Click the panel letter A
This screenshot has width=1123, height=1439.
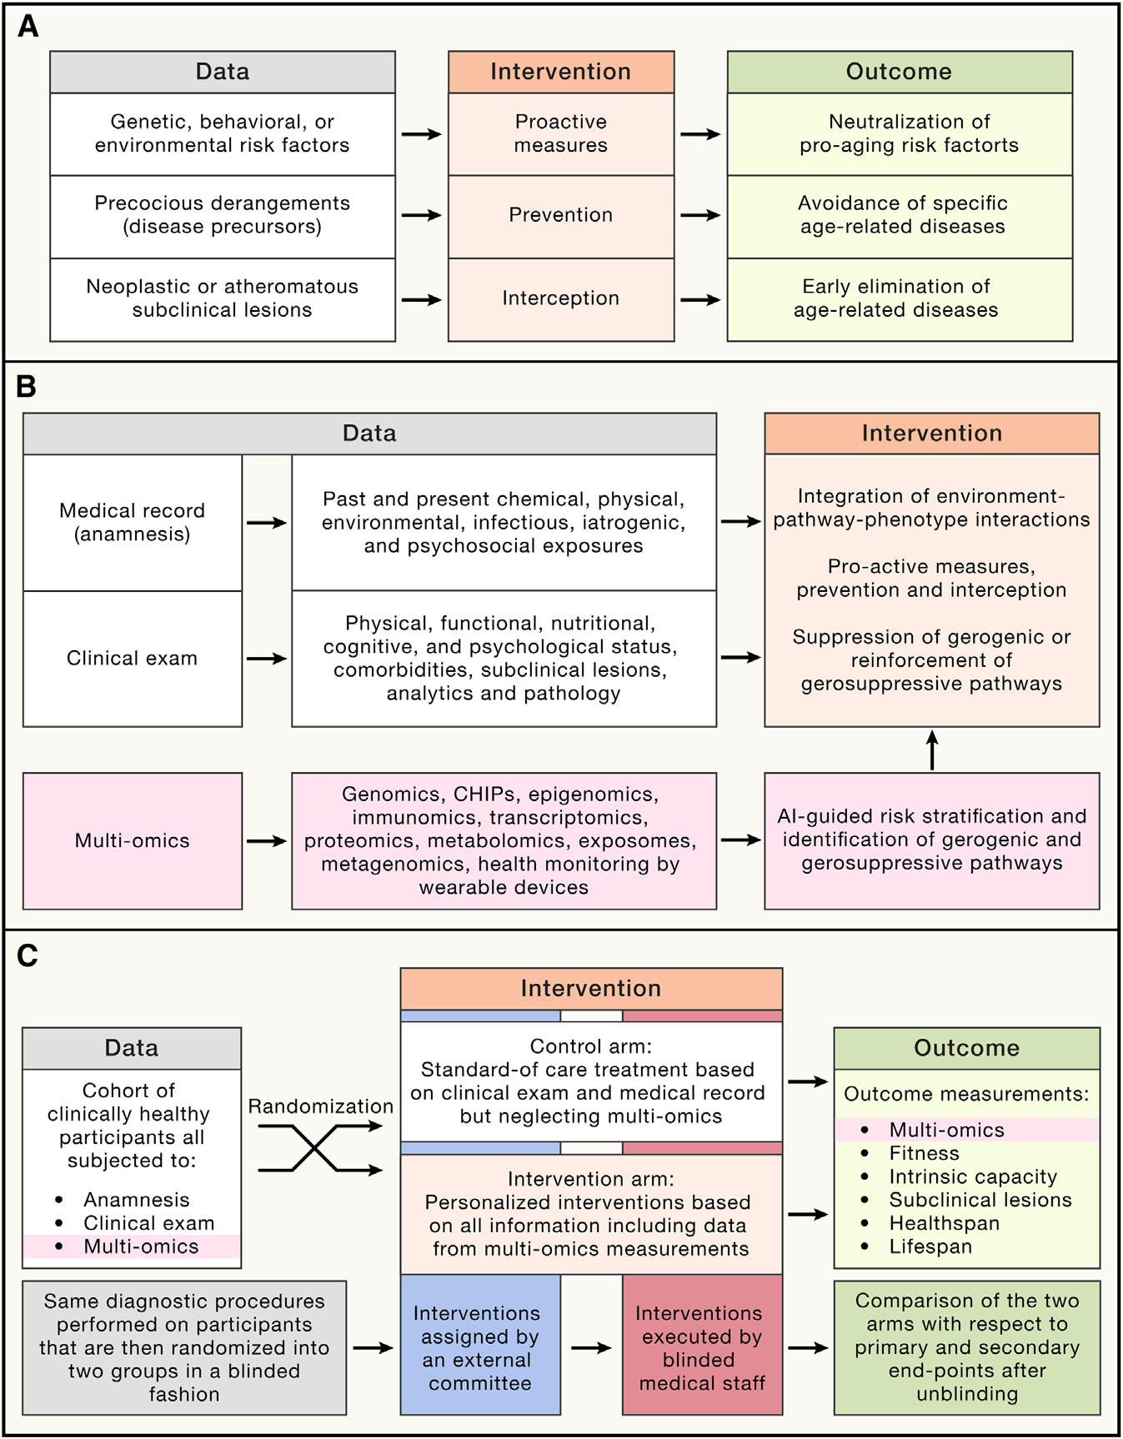(x=28, y=27)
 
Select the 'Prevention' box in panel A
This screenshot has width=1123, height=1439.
(x=560, y=215)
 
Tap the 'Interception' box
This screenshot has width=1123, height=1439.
(x=560, y=298)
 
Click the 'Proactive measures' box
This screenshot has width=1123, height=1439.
(x=560, y=133)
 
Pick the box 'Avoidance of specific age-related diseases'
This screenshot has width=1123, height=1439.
(x=900, y=215)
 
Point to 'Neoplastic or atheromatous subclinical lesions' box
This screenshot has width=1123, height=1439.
(x=222, y=298)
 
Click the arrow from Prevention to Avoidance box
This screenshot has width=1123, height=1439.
(x=700, y=215)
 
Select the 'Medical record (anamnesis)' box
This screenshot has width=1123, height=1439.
(x=133, y=523)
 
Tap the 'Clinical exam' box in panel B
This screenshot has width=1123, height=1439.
(x=133, y=659)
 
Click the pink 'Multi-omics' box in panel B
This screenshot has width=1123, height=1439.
(x=133, y=840)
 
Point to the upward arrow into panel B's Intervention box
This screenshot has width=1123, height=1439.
(x=932, y=750)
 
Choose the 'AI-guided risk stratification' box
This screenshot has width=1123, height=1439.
(x=931, y=840)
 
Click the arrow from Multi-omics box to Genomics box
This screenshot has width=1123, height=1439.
(x=267, y=841)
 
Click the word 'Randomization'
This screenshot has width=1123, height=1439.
(x=320, y=1106)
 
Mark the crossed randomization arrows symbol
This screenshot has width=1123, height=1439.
(x=317, y=1149)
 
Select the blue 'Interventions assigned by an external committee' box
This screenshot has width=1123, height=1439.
(x=479, y=1348)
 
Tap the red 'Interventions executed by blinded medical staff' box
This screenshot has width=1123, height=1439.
(x=701, y=1348)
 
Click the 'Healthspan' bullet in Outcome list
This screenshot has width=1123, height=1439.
(x=944, y=1223)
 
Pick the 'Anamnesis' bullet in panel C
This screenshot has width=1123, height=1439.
(x=136, y=1200)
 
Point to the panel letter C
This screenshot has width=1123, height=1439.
(x=28, y=955)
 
